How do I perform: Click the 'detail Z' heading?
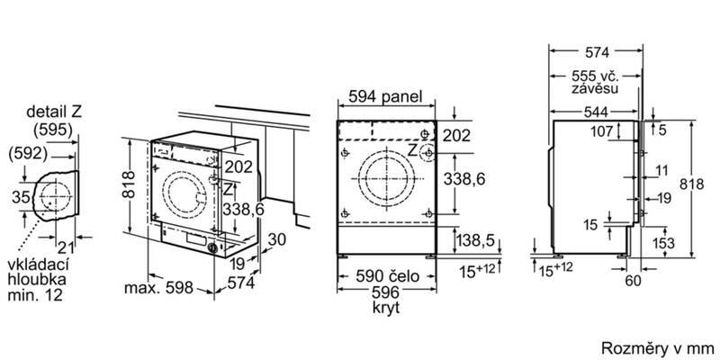54,112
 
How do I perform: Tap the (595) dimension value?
53,130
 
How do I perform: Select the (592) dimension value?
28,154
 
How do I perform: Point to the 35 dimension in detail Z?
20,198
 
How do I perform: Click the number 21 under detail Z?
65,248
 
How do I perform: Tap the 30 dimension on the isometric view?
277,239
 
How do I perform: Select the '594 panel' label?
385,97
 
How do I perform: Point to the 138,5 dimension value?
477,239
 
